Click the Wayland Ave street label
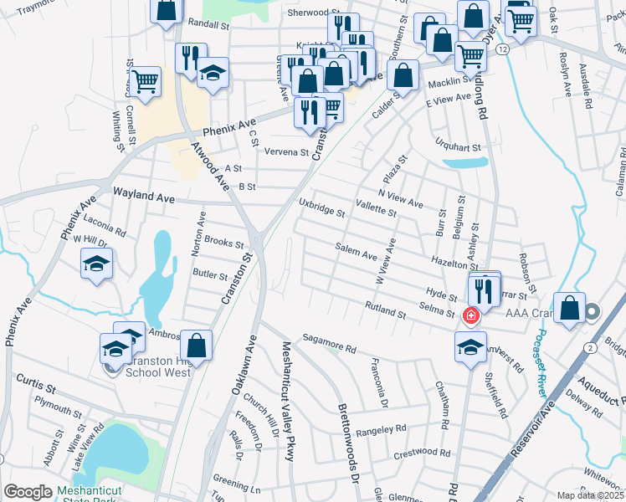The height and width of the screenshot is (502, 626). pyautogui.click(x=144, y=197)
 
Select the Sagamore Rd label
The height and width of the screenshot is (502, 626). pyautogui.click(x=330, y=341)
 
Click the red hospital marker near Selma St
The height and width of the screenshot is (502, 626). pyautogui.click(x=470, y=315)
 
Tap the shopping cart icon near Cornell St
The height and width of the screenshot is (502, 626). pyautogui.click(x=146, y=82)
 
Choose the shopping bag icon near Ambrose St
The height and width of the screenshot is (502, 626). pyautogui.click(x=196, y=345)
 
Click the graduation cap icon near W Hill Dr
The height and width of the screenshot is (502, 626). pyautogui.click(x=97, y=264)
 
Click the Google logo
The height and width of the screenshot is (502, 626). pyautogui.click(x=28, y=492)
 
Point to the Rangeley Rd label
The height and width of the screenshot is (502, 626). pyautogui.click(x=381, y=429)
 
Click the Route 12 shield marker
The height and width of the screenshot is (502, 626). pyautogui.click(x=500, y=50)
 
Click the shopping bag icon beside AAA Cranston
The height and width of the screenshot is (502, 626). pyautogui.click(x=569, y=307)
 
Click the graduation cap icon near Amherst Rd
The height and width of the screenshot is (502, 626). pyautogui.click(x=470, y=346)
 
